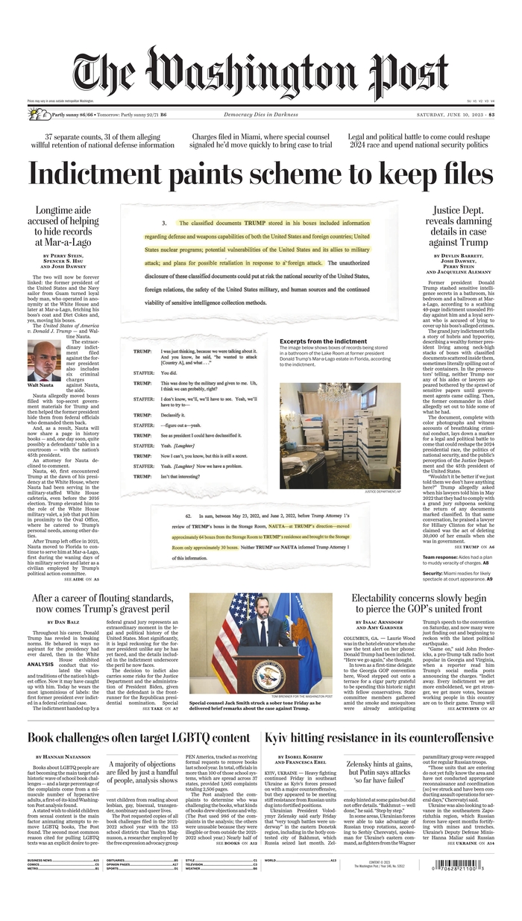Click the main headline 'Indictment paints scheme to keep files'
pos(260,174)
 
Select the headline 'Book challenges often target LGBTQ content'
pos(139,737)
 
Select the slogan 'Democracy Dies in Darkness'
pos(260,114)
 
